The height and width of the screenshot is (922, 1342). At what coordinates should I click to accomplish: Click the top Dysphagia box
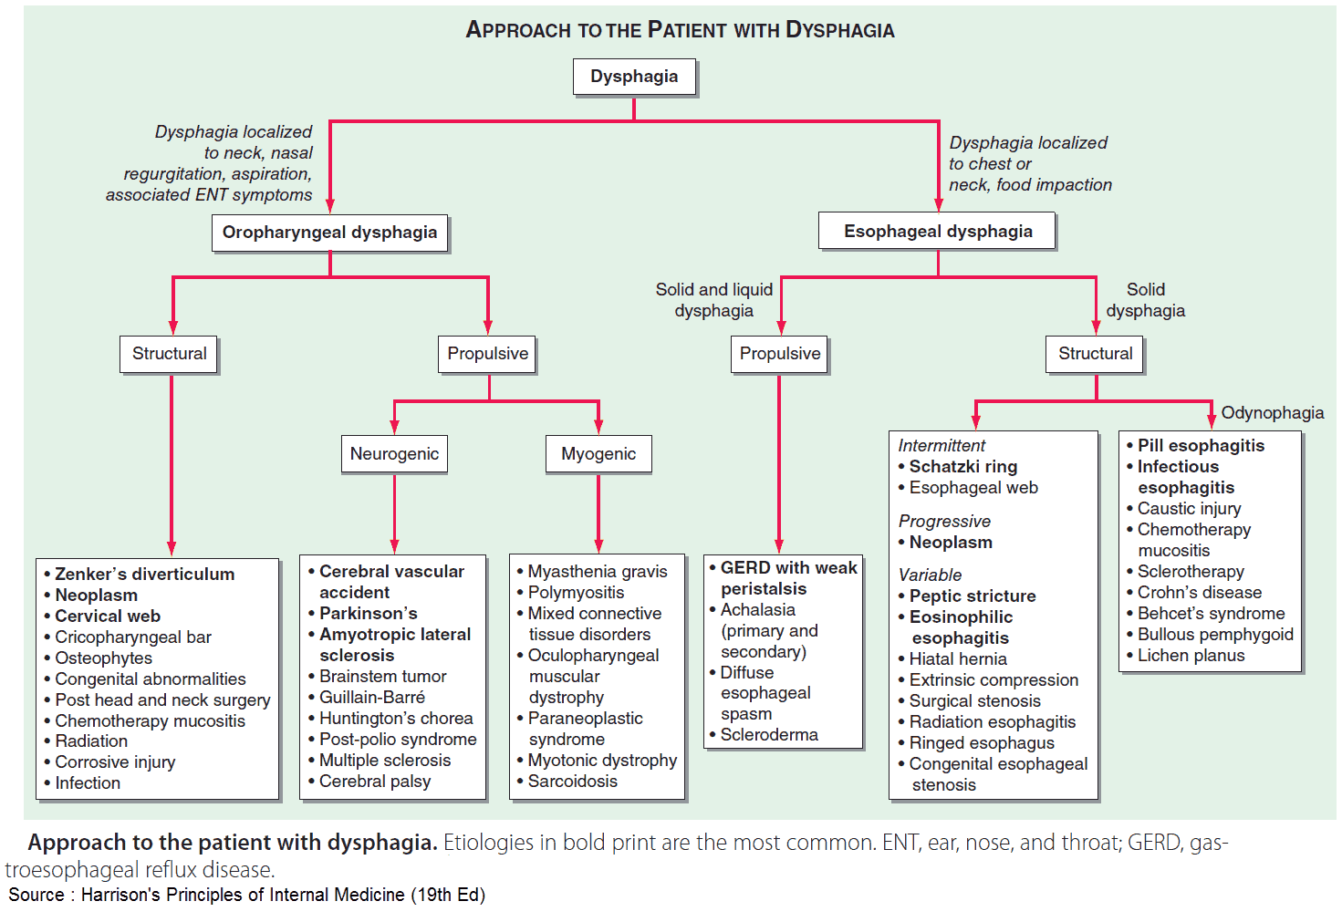[634, 77]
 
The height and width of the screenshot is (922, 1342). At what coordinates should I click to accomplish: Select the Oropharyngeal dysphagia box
[329, 233]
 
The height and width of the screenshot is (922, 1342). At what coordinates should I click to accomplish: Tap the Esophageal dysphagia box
[937, 232]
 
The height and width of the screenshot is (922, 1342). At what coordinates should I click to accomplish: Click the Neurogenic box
[394, 454]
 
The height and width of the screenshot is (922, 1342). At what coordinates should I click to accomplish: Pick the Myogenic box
[598, 454]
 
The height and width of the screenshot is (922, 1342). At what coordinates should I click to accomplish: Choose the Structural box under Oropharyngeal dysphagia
[169, 354]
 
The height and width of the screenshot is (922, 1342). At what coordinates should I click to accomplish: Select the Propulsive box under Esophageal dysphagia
[779, 354]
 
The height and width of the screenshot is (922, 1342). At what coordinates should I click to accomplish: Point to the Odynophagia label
[1272, 413]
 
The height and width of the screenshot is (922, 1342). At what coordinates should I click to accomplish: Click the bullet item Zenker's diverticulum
[144, 575]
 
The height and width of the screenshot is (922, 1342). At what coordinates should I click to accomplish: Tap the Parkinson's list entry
[368, 614]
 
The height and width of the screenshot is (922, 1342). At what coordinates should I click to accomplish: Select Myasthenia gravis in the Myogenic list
[597, 572]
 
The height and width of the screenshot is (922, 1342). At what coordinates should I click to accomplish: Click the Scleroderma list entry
[768, 735]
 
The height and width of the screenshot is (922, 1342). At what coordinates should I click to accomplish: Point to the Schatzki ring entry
[962, 467]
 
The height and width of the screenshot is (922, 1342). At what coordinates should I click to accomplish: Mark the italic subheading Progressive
[944, 522]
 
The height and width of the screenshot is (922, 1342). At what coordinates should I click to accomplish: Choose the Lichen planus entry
[1190, 656]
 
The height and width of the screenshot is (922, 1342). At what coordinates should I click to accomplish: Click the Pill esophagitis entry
[1200, 446]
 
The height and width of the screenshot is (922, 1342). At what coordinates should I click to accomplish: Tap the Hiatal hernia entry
[957, 659]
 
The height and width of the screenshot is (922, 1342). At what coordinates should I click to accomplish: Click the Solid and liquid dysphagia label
[713, 300]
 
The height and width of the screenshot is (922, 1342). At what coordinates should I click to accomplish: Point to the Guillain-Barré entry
[371, 698]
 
